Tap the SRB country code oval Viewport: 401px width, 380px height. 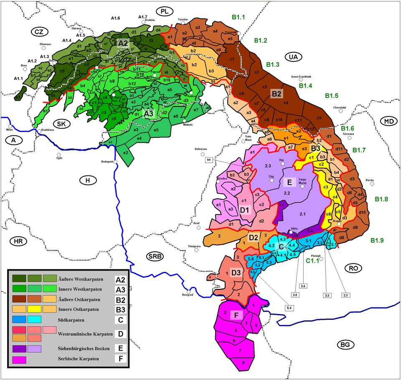pos(155,256)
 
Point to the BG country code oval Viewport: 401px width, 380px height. pos(345,345)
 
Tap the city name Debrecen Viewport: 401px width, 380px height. pos(201,149)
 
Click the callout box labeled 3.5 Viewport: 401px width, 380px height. pos(295,295)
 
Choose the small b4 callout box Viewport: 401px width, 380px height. pos(209,160)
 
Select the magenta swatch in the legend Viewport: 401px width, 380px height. pos(19,360)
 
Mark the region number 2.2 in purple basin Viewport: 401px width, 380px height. pos(287,194)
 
